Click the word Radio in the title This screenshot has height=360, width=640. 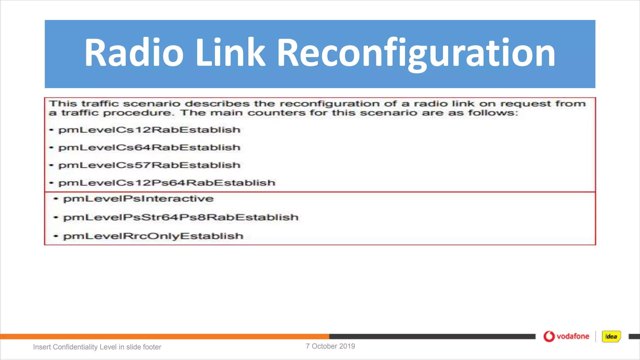point(134,52)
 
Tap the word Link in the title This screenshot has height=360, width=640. point(230,52)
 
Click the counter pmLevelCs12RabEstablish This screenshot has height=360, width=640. point(149,130)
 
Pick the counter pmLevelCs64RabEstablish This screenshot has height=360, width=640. point(149,147)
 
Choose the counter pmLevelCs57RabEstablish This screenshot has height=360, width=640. point(149,165)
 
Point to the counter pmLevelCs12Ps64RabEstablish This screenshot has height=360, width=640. point(167,183)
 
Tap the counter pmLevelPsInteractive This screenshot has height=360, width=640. point(138,199)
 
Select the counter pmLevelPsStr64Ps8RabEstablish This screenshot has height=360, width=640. point(181,217)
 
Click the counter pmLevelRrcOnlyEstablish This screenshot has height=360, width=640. point(153,236)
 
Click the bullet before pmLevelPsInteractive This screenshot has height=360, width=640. point(56,199)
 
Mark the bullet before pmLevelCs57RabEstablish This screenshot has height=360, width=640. point(52,165)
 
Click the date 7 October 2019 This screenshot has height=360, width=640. point(330,346)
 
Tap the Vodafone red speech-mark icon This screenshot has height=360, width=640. point(549,337)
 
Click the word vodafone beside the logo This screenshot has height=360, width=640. point(573,337)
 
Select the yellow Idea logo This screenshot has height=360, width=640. point(611,337)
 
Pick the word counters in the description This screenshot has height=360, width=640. point(277,113)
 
